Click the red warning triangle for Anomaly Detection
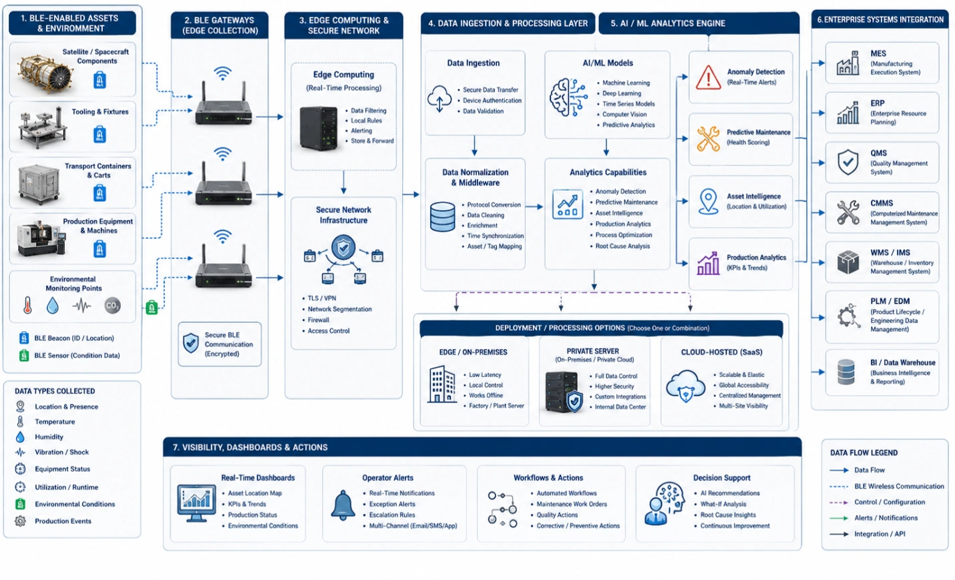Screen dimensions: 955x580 click(x=708, y=77)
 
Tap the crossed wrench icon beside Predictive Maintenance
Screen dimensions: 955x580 click(x=708, y=139)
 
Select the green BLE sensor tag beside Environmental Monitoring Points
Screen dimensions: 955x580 click(x=152, y=307)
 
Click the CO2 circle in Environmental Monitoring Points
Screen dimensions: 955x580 click(x=113, y=306)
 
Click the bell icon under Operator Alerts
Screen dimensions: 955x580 click(x=343, y=505)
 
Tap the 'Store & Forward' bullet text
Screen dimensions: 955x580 click(x=372, y=141)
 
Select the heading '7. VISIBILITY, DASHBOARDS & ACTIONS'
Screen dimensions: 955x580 click(x=250, y=447)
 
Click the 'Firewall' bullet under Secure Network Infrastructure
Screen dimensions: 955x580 click(x=319, y=320)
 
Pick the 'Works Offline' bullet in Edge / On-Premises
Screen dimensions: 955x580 click(x=486, y=396)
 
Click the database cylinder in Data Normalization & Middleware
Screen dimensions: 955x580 click(x=443, y=217)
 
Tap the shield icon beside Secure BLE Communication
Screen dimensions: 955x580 click(x=190, y=344)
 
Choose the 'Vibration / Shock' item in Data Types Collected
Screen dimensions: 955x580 click(x=62, y=452)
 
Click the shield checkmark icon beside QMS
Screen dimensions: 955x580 click(x=848, y=162)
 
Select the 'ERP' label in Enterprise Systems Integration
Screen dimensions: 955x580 click(x=878, y=103)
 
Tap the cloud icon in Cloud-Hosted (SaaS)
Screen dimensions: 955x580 click(x=686, y=386)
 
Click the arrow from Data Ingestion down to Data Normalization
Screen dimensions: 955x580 click(x=475, y=146)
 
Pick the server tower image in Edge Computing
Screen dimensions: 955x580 click(x=319, y=129)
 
